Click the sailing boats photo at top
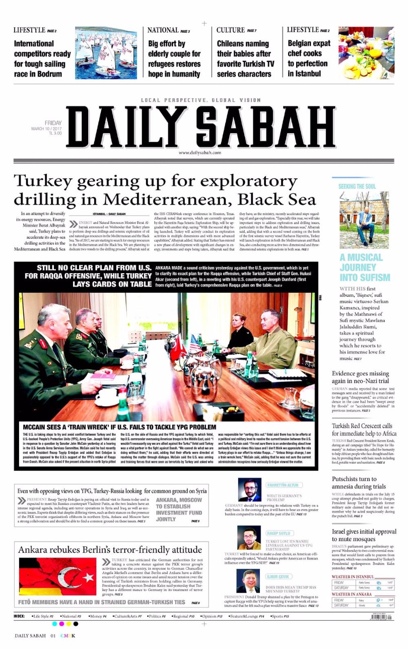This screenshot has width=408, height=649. click(106, 53)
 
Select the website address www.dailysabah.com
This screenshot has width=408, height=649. click(199, 153)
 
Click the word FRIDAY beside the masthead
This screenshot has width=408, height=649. click(53, 122)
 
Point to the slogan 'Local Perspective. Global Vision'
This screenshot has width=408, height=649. click(200, 100)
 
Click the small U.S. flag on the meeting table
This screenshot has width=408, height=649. click(195, 344)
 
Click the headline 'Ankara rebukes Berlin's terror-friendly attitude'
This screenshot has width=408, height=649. click(110, 549)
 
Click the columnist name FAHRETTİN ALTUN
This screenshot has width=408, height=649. click(284, 485)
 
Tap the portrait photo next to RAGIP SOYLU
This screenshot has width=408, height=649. click(248, 538)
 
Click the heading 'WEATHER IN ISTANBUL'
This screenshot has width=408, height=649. click(353, 576)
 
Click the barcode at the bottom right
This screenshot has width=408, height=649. click(381, 616)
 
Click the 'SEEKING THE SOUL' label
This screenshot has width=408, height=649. click(357, 186)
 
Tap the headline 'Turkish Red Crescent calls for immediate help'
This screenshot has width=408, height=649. click(364, 429)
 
